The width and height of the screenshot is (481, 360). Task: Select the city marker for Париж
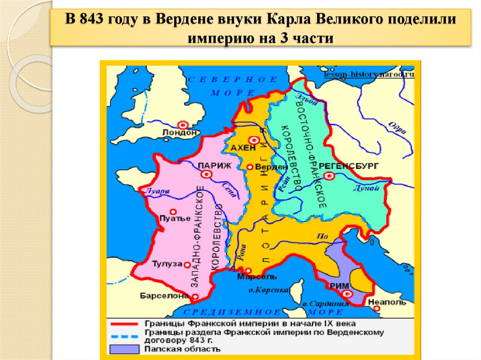click(206, 175)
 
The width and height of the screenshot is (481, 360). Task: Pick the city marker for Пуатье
click(173, 212)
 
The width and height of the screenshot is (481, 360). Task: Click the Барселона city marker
click(194, 296)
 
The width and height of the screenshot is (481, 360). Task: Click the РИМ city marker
click(348, 294)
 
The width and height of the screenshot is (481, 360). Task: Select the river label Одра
click(394, 126)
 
